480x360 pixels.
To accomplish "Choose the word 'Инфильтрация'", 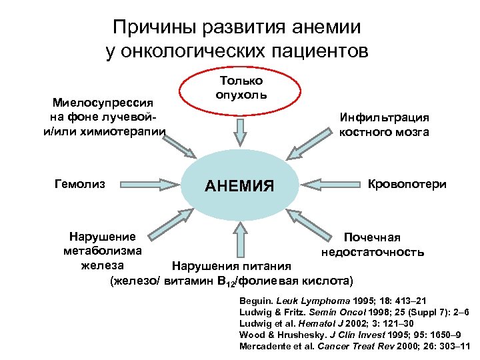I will point(383,117).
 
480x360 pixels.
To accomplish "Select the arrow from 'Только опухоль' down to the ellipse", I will point(240,130).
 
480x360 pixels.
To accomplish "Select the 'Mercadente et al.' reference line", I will point(355,346).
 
